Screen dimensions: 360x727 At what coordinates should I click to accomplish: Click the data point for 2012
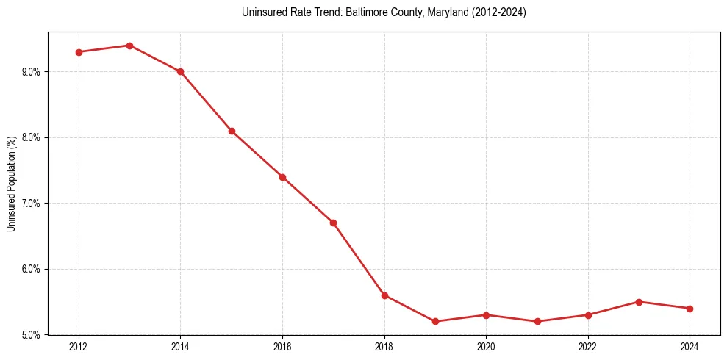coord(79,52)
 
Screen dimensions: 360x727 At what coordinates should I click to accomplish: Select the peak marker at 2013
coord(129,46)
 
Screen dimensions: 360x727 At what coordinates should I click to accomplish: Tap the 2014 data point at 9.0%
coord(180,71)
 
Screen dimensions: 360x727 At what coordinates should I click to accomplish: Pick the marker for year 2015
coord(232,131)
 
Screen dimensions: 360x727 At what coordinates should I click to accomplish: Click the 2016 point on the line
coord(282,177)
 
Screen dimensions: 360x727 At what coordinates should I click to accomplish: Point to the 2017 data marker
coord(333,223)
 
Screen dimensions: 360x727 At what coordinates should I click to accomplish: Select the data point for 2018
coord(384,295)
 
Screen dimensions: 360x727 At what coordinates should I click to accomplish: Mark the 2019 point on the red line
coord(435,321)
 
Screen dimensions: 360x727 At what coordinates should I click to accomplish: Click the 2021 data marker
coord(537,321)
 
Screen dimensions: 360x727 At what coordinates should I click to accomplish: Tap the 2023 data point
coord(639,302)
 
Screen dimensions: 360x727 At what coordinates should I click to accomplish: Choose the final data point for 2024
coord(690,309)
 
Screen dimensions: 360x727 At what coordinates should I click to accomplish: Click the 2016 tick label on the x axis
coord(282,346)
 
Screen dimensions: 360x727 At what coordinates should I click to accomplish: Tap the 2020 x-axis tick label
coord(486,346)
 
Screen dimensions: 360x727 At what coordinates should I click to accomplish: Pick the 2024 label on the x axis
coord(690,346)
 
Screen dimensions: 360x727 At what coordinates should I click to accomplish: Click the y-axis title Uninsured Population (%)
coord(12,184)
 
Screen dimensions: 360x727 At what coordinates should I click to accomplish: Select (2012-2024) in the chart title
coord(499,12)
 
